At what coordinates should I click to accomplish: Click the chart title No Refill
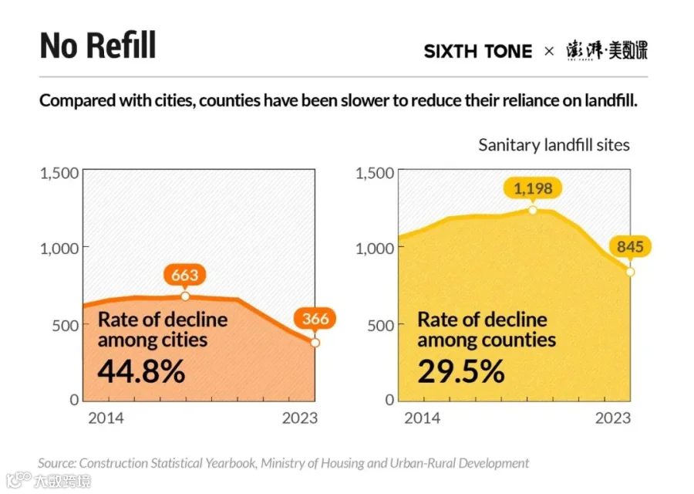point(98,46)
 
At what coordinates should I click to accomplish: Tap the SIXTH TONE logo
point(478,52)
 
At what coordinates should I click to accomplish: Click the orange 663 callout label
point(184,275)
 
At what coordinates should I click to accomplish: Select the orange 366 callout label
point(315,319)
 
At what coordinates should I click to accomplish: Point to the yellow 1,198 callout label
point(533,188)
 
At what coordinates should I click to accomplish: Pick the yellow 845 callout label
point(630,246)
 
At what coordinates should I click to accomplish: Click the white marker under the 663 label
point(185,296)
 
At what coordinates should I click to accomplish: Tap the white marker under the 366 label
point(315,343)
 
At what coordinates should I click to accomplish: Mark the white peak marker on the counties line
point(533,210)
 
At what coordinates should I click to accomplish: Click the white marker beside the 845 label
point(630,272)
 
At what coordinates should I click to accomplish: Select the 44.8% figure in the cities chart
point(141,371)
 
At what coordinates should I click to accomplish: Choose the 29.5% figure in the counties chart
point(461,371)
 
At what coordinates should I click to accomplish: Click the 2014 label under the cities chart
point(106,418)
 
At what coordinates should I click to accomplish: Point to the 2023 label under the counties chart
point(612,418)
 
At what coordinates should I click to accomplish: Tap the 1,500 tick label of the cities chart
point(59,173)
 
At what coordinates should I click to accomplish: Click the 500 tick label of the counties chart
point(381,325)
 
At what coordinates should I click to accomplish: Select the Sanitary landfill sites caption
point(554,145)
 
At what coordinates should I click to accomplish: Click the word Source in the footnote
point(56,463)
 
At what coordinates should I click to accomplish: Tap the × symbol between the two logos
point(549,52)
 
